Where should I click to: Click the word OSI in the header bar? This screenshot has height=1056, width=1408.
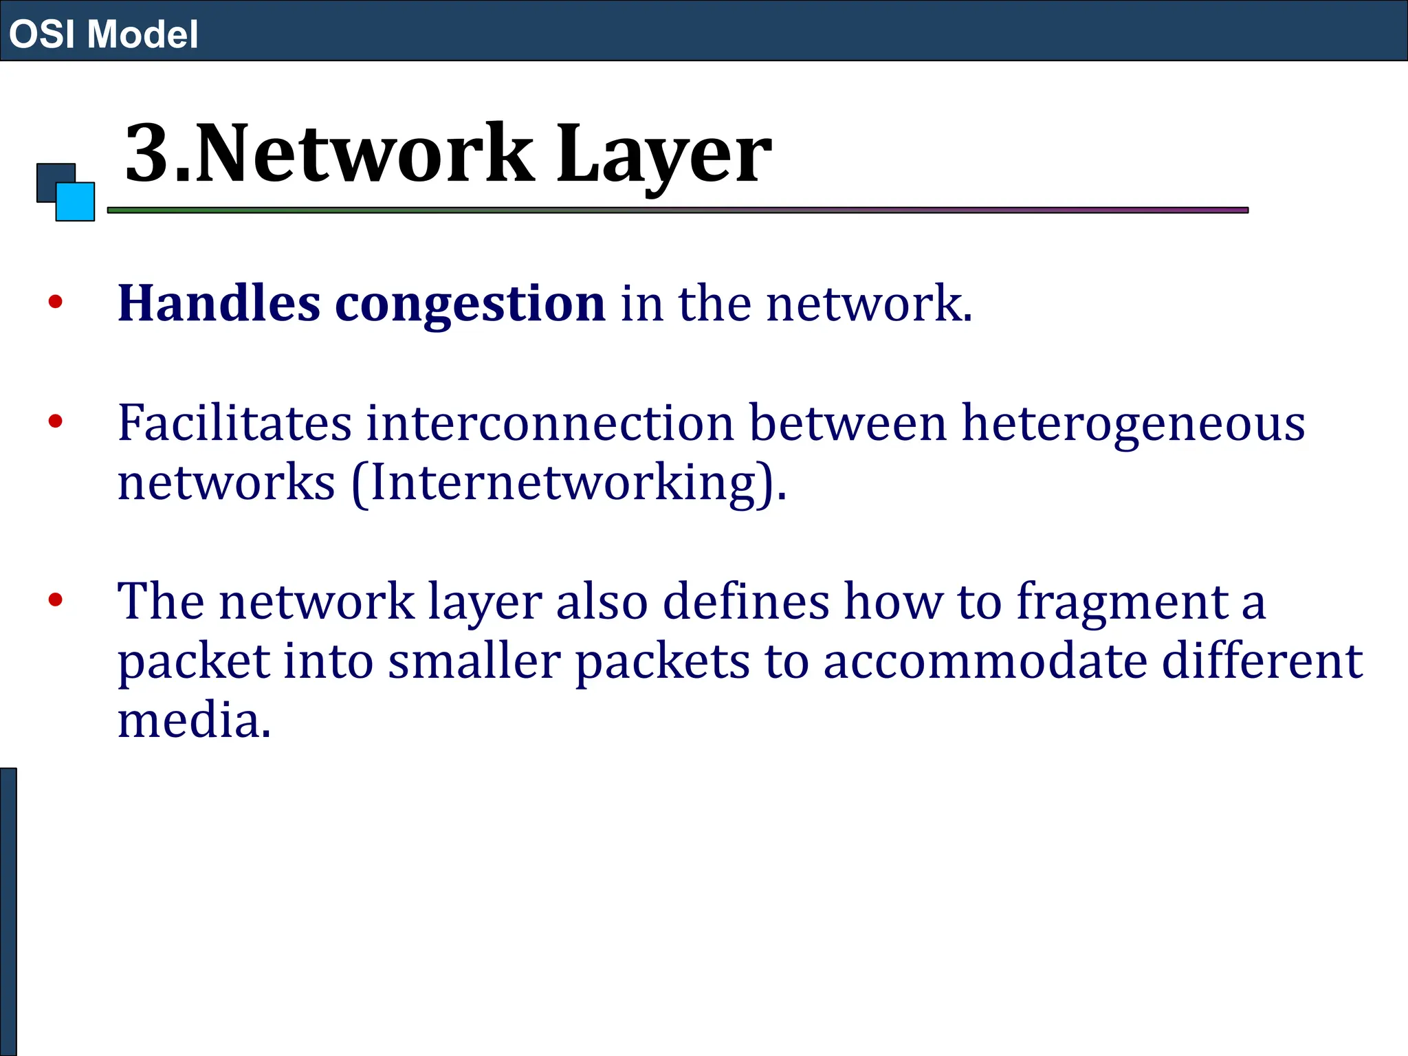click(42, 34)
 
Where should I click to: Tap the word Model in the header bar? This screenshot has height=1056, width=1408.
click(143, 34)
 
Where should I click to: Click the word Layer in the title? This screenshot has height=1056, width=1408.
click(663, 154)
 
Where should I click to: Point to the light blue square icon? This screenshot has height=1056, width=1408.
click(76, 202)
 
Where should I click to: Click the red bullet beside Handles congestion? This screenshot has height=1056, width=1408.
click(56, 301)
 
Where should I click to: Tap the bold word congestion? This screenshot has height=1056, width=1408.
click(470, 305)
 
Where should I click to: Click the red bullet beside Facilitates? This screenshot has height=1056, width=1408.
click(56, 421)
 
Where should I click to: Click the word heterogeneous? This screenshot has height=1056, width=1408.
click(1133, 424)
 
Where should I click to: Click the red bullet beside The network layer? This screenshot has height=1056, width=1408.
click(56, 599)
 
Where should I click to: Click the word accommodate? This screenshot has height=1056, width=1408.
click(985, 661)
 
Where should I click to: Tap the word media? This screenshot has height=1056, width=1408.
click(195, 720)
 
